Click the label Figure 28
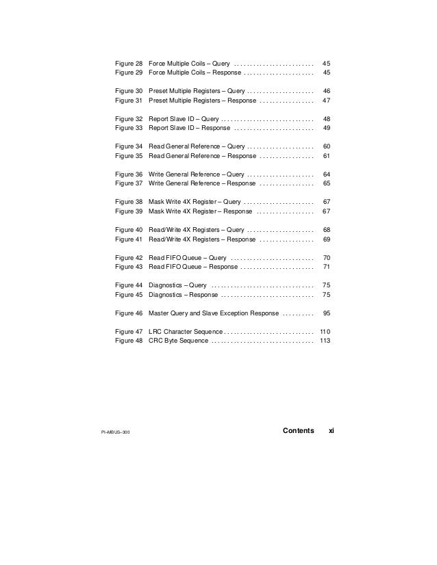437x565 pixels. click(x=129, y=62)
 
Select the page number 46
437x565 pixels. click(x=327, y=90)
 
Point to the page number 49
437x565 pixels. click(x=327, y=127)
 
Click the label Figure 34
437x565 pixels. click(x=129, y=146)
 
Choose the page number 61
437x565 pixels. click(x=327, y=155)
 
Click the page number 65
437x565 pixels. click(x=327, y=183)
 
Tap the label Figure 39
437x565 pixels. click(x=129, y=211)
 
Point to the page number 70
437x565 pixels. click(x=327, y=258)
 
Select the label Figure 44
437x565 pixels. click(x=129, y=285)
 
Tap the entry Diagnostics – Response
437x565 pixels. click(x=183, y=295)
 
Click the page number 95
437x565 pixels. click(x=327, y=313)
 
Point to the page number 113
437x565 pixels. click(x=325, y=341)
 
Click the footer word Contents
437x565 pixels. click(x=298, y=430)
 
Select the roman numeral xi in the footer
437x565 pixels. click(x=332, y=430)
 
